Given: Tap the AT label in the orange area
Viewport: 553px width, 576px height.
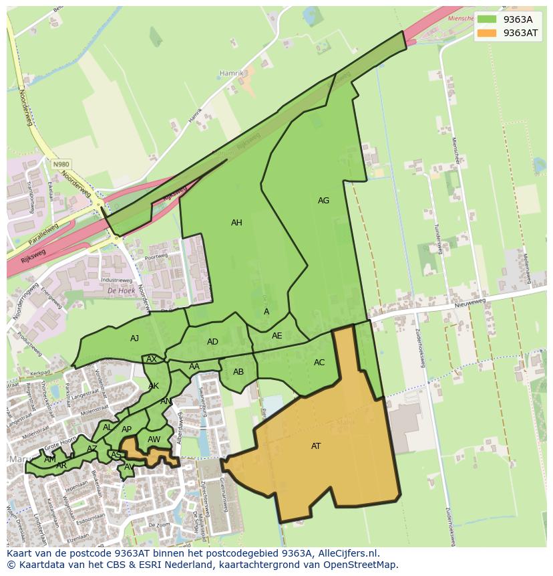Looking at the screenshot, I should coord(316,446).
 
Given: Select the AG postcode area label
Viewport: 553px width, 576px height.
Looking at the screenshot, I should coord(323,201).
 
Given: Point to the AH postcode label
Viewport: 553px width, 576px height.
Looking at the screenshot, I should coord(236,223).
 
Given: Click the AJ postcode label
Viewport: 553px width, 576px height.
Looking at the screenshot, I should coord(134,339).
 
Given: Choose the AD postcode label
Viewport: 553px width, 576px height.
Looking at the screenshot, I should coord(212,342).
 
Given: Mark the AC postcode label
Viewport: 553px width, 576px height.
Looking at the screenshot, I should coord(319,363).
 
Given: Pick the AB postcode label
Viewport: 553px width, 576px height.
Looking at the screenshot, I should coord(238,372).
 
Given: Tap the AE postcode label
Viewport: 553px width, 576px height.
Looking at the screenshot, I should coord(276,336).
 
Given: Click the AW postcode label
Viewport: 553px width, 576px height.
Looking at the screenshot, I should coord(154,440).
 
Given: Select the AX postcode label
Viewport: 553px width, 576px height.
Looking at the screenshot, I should coord(152,359).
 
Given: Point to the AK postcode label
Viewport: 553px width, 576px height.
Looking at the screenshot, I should coord(154,386).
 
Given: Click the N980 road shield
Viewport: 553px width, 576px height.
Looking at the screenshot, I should coord(61,163).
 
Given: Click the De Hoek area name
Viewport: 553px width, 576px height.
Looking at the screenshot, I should coord(121,291).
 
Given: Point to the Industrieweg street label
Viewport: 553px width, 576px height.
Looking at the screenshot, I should coord(116,280).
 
